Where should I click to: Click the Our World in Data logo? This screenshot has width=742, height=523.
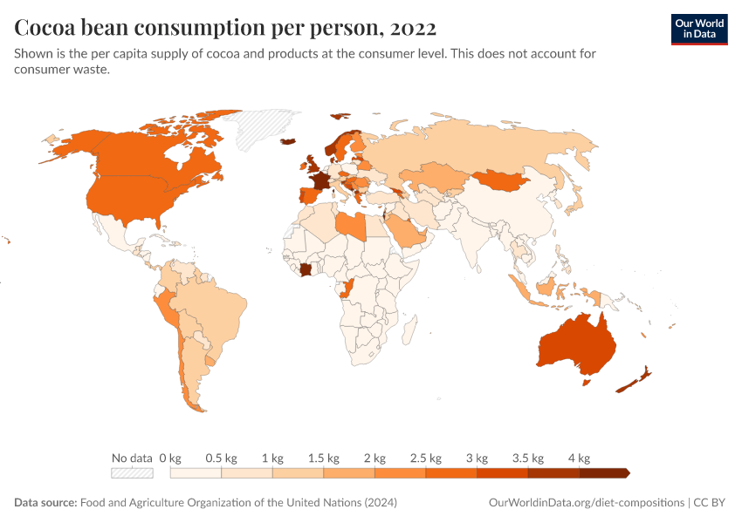[x=698, y=29]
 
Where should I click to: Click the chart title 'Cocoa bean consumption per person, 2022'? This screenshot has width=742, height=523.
[x=225, y=29]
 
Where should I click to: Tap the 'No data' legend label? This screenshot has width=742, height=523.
[x=131, y=458]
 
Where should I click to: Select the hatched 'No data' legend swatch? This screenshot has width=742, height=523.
[x=132, y=472]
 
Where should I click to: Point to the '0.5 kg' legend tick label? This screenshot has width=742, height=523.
[x=221, y=458]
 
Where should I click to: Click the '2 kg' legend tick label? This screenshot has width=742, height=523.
[x=374, y=458]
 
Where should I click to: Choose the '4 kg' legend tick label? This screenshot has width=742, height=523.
[x=580, y=458]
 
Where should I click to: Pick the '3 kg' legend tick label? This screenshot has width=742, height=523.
[x=477, y=458]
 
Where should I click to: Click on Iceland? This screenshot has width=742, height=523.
[x=286, y=141]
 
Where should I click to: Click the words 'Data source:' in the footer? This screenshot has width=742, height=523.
[x=45, y=503]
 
